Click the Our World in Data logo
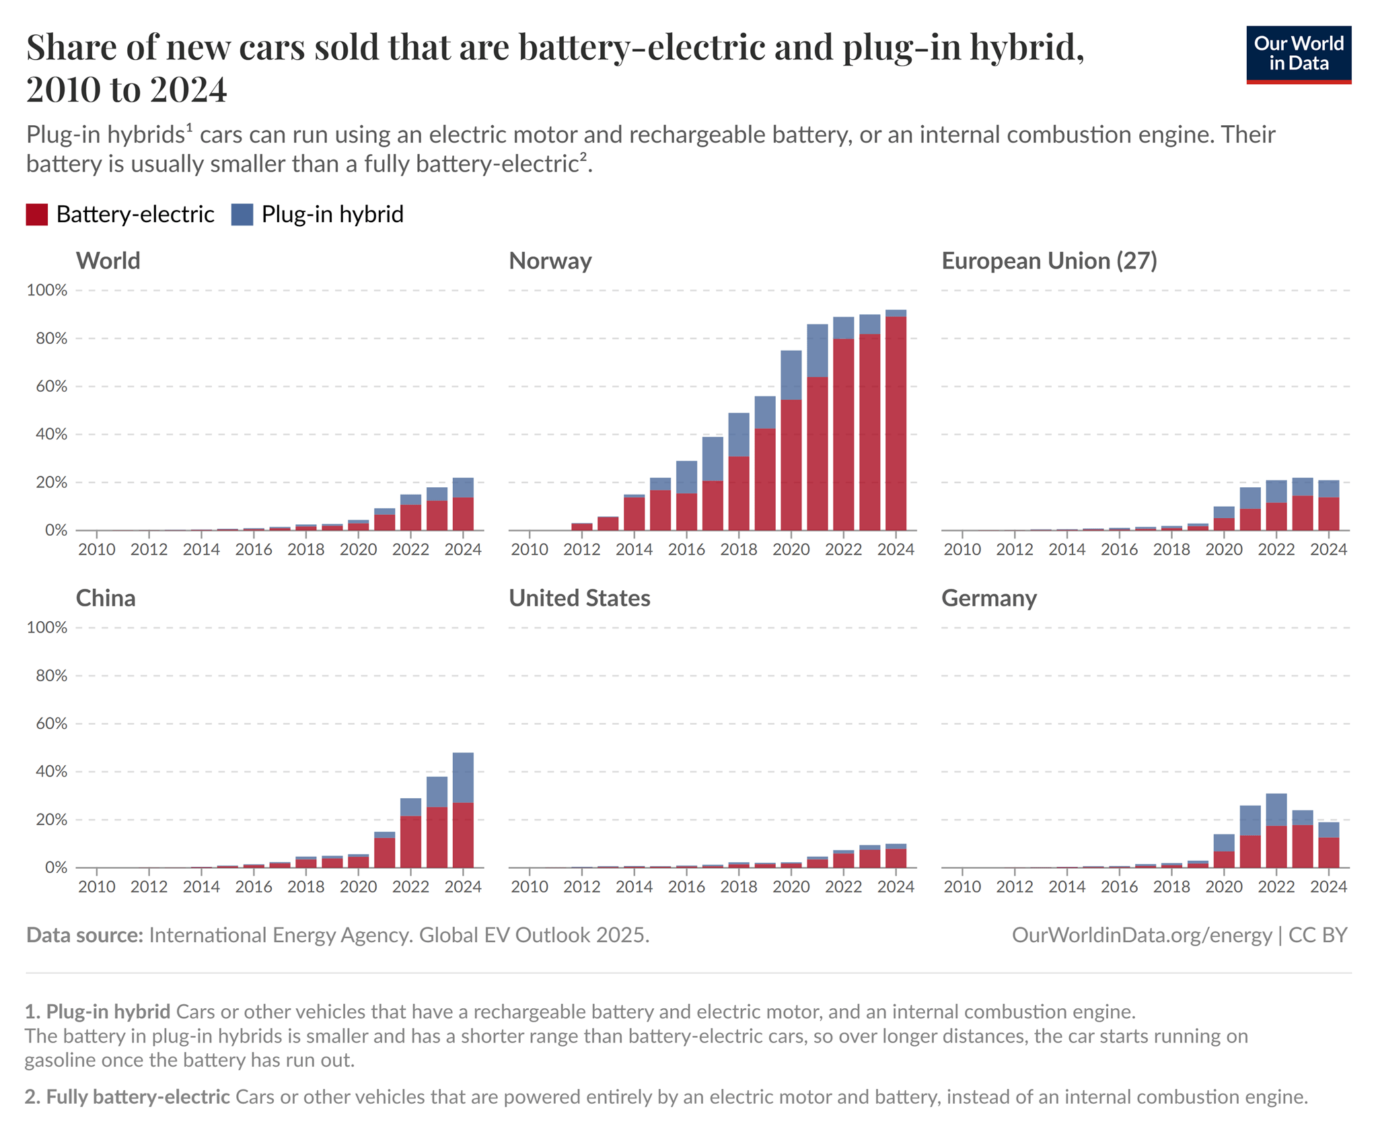(x=1298, y=55)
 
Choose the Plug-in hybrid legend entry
(x=317, y=215)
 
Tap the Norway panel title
(x=550, y=260)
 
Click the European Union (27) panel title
(x=1048, y=260)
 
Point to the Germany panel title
(x=988, y=598)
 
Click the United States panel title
(x=579, y=598)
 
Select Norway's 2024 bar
(x=896, y=421)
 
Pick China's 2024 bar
(x=463, y=810)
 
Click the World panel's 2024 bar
(x=463, y=504)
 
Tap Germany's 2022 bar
(x=1276, y=830)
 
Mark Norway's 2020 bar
(x=791, y=441)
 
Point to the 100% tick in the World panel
(x=47, y=291)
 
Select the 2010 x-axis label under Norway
(x=530, y=550)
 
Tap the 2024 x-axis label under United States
(x=896, y=887)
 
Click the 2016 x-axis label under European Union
(x=1119, y=550)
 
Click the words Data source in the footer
(x=84, y=935)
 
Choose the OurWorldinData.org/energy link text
(x=1141, y=935)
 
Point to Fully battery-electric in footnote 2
(x=128, y=1097)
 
